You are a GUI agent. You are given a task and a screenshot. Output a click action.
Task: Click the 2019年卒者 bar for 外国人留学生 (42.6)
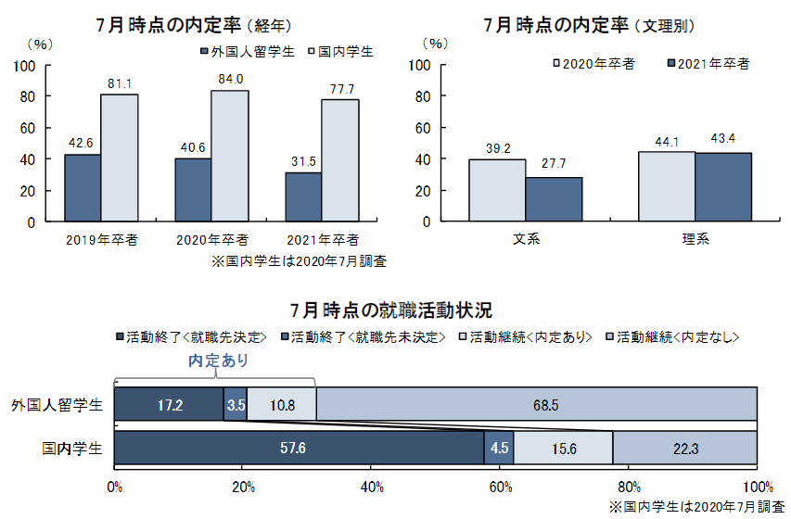coord(83,188)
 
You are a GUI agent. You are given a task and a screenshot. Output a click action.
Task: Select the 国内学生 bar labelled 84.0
coord(230,156)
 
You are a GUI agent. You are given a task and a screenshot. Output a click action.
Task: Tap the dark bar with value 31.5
coord(303,197)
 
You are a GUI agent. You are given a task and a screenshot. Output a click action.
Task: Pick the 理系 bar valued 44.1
coord(667,186)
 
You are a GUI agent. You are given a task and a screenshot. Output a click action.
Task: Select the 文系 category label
coord(526,239)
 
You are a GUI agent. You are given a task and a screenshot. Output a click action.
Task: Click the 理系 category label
coord(695,239)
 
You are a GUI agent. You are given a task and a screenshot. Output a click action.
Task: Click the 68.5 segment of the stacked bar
coord(536,405)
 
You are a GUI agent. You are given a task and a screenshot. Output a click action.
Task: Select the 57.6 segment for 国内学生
coord(299,449)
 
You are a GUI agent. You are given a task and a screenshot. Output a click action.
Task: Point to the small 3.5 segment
coord(236,405)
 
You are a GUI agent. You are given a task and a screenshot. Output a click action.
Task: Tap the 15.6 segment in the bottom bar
coord(563,449)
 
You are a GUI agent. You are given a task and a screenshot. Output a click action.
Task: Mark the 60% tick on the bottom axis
coord(500,487)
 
